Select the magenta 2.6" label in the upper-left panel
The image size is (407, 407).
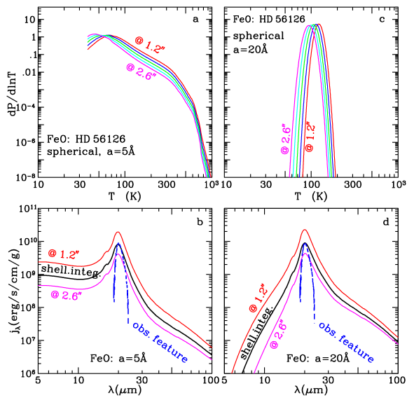click(140, 71)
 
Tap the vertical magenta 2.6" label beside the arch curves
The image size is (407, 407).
click(286, 139)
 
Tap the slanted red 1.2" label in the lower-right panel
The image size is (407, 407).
click(258, 297)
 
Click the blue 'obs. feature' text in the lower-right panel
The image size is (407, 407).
click(347, 343)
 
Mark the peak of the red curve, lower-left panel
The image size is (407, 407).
click(118, 231)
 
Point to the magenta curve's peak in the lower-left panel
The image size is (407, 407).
click(118, 254)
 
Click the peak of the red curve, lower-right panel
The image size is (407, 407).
click(305, 230)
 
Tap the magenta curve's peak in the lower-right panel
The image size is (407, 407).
click(305, 254)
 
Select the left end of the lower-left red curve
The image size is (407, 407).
click(39, 262)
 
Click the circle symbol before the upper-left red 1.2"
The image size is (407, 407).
click(139, 41)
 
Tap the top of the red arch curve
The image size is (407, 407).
click(319, 25)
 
